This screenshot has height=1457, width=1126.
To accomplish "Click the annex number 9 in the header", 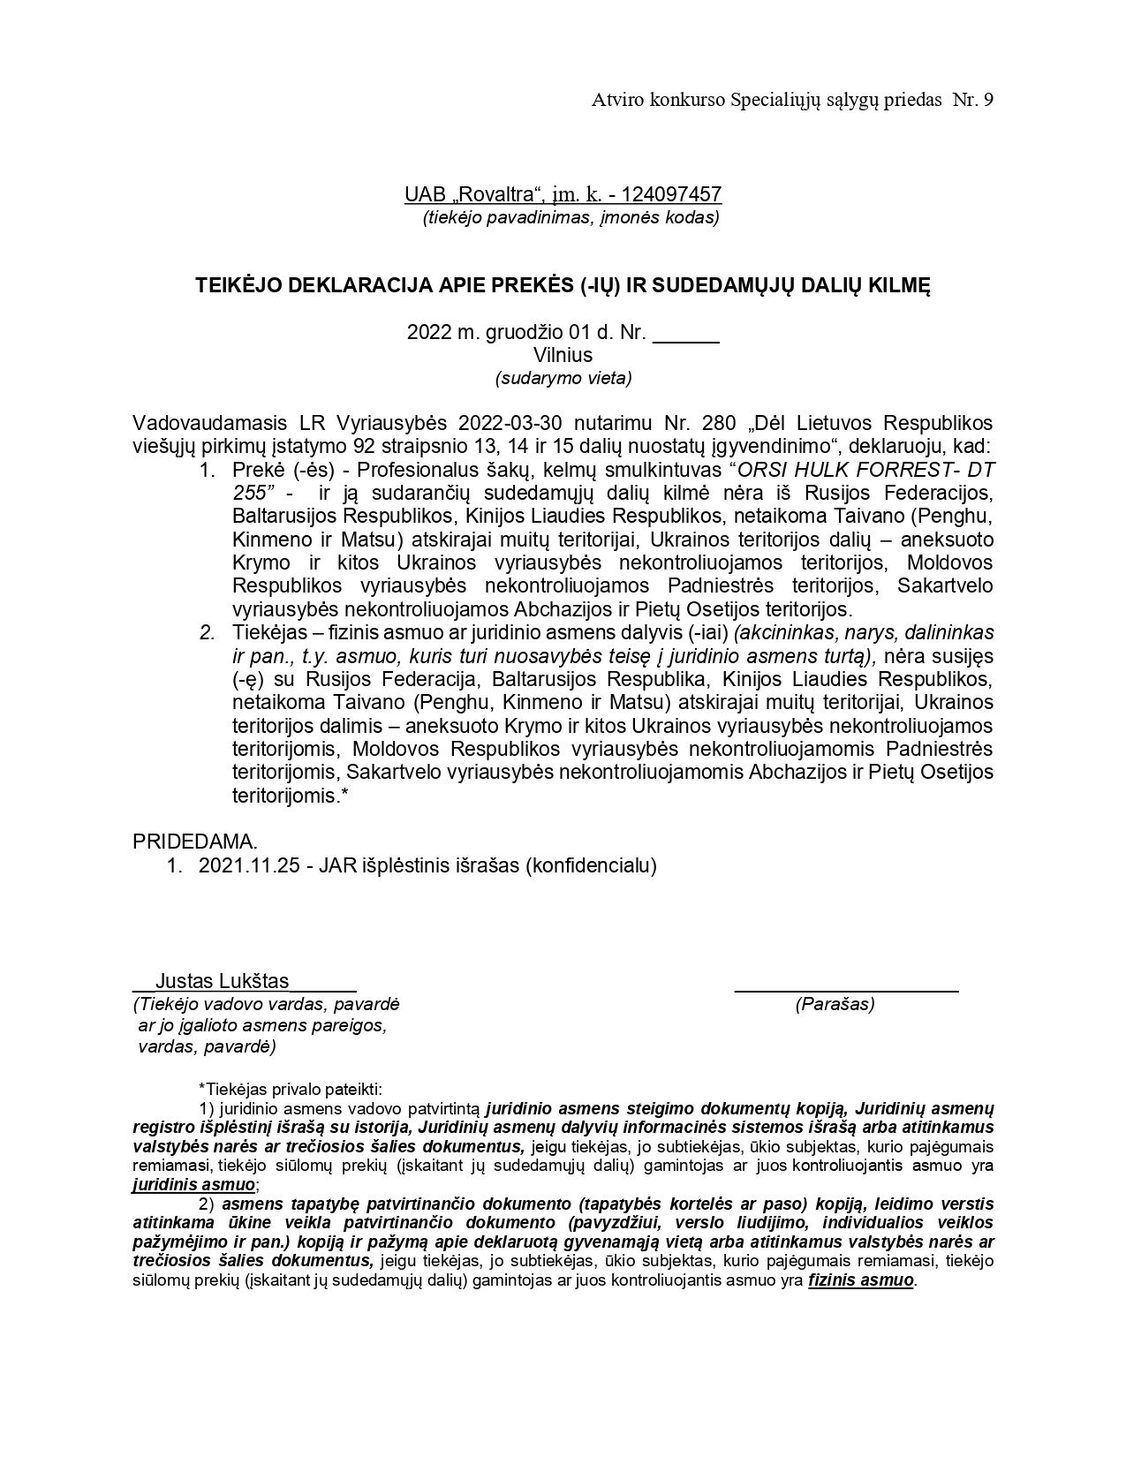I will tap(987, 100).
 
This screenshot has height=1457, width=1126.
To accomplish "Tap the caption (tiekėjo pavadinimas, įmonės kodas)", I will tap(571, 217).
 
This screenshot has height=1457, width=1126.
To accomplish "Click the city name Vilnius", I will tap(563, 355).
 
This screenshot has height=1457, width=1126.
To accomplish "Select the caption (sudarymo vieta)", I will tap(563, 378).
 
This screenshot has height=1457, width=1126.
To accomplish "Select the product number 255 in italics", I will tap(249, 492).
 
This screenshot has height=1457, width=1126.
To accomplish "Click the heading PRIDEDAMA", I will tap(195, 842).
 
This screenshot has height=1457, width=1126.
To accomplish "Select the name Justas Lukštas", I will tap(222, 981).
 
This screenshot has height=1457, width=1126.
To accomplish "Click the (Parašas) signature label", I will tap(835, 1004).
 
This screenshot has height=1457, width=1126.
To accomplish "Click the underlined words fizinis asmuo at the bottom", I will tap(860, 1280).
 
